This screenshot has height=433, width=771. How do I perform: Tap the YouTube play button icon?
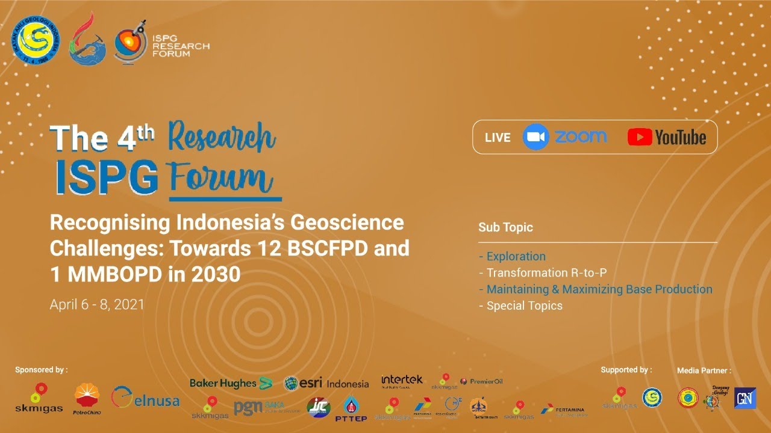pos(640,137)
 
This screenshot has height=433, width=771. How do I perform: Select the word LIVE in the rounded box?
pos(498,138)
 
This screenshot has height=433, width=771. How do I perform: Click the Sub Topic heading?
pos(505,227)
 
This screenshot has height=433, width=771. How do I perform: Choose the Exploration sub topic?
pos(516,256)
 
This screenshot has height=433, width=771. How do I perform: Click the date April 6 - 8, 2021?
pos(97,304)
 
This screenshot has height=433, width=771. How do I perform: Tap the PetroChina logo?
pos(87,399)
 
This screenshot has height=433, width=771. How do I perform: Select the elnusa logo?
pos(145,399)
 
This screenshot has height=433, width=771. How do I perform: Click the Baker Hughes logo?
pos(231,383)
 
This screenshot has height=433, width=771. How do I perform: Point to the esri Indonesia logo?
pos(326,383)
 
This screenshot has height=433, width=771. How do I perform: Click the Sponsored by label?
pos(41,370)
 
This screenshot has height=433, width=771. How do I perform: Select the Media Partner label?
pos(704,370)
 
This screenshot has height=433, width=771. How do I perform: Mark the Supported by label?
pos(626,370)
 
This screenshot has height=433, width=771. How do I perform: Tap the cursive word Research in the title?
pos(222,137)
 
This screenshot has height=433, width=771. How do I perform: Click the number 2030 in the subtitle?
pos(216,274)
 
